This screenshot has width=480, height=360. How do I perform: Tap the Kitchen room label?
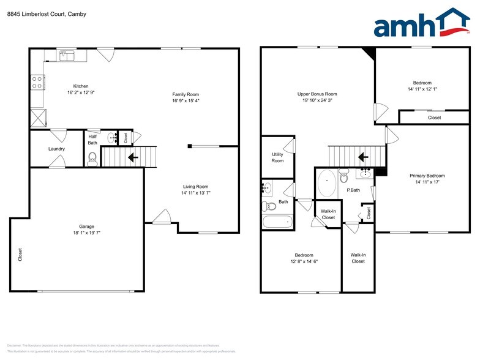[81, 86]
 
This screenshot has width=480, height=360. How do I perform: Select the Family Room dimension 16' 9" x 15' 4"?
[190, 100]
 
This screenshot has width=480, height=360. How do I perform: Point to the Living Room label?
[195, 187]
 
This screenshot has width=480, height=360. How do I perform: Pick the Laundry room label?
[56, 149]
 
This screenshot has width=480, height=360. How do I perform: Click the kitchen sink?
[67, 56]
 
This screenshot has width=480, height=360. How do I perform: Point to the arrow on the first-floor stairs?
[132, 157]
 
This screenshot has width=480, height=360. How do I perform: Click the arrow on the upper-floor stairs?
[362, 157]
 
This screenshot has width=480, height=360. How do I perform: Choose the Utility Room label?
[277, 157]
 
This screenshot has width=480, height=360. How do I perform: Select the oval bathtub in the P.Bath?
[326, 184]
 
